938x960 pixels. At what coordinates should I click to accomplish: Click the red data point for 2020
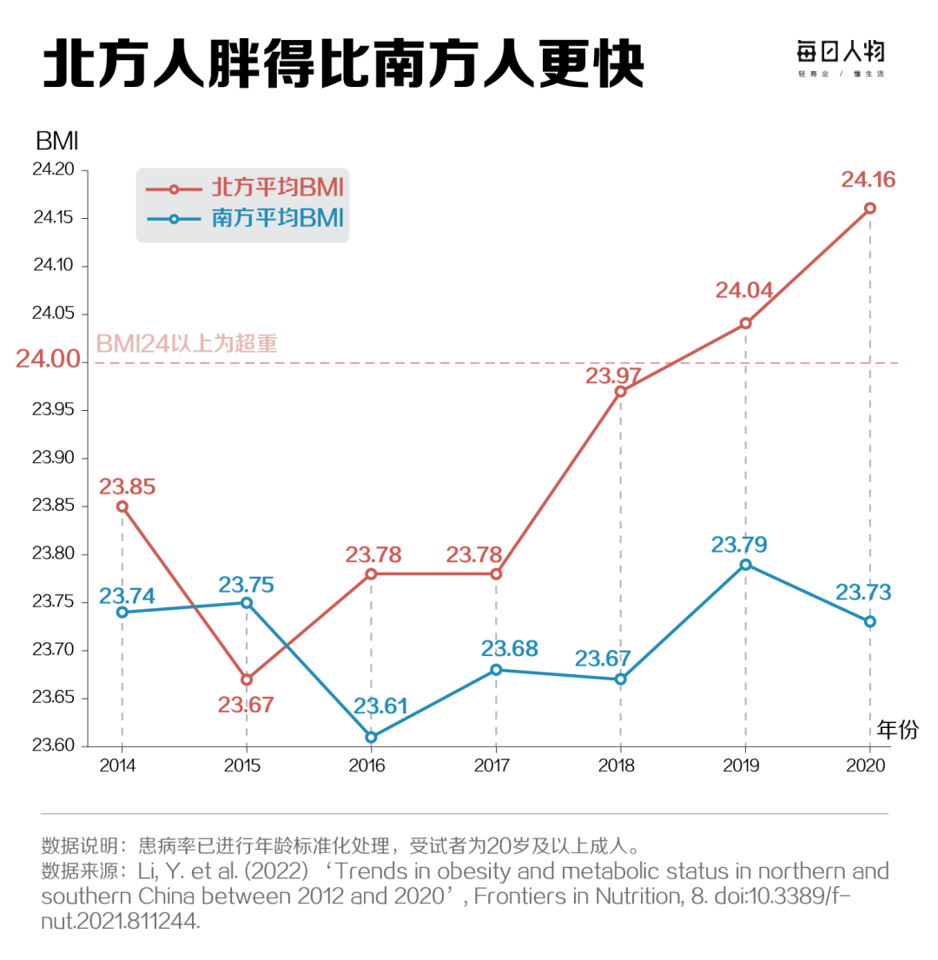[x=869, y=208]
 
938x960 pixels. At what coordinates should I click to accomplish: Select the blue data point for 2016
[x=371, y=737]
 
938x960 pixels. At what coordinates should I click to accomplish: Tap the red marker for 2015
[x=247, y=679]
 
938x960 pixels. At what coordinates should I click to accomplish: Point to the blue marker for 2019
[x=745, y=565]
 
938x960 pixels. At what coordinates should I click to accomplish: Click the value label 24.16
[x=868, y=180]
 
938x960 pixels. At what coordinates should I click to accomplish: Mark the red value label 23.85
[x=128, y=486]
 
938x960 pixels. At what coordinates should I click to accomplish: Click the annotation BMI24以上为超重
[x=187, y=342]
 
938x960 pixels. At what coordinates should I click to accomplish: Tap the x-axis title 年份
[x=896, y=729]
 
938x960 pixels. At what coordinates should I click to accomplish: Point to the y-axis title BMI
[x=57, y=139]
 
